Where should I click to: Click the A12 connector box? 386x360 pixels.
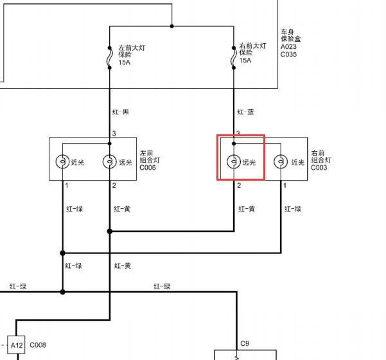coord(16,345)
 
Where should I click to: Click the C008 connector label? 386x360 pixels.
coord(38,345)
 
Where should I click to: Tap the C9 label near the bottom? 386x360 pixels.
coord(245,343)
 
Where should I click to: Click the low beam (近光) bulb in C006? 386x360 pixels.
coord(62,161)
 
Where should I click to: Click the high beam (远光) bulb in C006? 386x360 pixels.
coord(110,161)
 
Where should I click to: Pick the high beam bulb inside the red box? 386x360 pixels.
coord(234,161)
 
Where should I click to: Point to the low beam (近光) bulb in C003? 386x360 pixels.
coord(281,161)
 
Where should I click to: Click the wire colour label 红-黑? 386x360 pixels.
coord(121,112)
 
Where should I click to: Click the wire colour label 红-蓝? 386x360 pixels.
coord(245,112)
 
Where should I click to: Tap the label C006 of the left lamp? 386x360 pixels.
coord(148,168)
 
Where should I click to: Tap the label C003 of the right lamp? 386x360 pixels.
coord(319,168)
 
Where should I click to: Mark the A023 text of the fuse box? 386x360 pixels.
coord(288,46)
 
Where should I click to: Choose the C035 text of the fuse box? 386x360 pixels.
coord(288,54)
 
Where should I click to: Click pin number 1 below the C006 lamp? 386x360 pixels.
coord(66,185)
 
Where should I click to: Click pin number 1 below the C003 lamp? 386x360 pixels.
coord(285,185)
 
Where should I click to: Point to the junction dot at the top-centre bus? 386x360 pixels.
coord(172,26)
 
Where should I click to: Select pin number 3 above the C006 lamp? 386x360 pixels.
coord(114,133)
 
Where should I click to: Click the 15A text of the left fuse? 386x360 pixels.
coord(125,62)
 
